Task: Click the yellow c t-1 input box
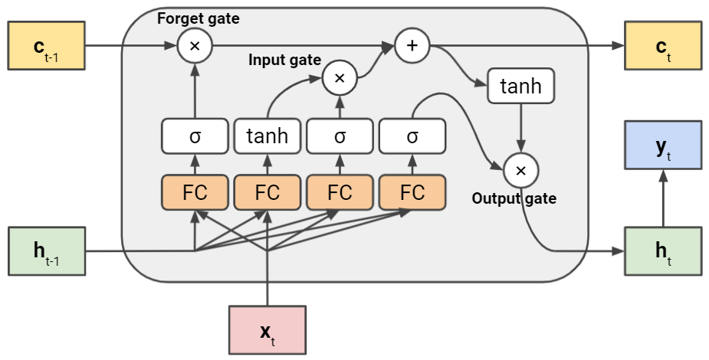tap(47, 46)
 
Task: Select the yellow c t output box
tap(663, 46)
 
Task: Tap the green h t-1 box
tap(47, 251)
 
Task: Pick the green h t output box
tap(663, 251)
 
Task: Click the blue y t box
tap(663, 146)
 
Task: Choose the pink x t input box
tap(268, 330)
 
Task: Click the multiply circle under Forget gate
tap(195, 46)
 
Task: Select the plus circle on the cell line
tap(412, 46)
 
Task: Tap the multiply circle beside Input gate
tap(340, 78)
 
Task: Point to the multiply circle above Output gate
tap(521, 171)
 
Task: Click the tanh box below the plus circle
tap(521, 86)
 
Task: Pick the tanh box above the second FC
tap(268, 136)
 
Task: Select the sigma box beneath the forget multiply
tap(195, 136)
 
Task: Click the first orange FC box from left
tap(195, 192)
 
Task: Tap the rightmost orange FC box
tap(412, 192)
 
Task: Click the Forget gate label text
tap(199, 19)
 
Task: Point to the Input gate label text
tap(285, 60)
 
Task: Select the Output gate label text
tap(514, 198)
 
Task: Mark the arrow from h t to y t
tap(663, 198)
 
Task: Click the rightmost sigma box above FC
tap(412, 136)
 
